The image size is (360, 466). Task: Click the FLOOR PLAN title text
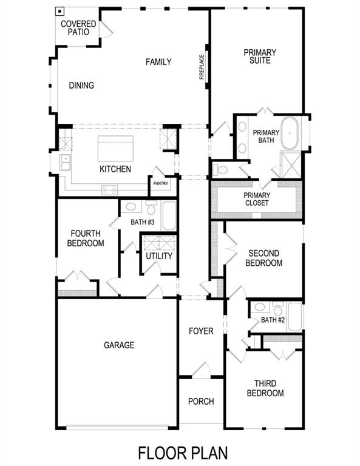click(x=183, y=453)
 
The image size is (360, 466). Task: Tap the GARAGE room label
click(x=119, y=345)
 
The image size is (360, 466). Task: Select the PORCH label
click(x=200, y=401)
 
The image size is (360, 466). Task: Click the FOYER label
click(x=201, y=331)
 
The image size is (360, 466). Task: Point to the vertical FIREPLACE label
click(x=202, y=67)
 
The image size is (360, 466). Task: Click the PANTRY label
click(x=161, y=183)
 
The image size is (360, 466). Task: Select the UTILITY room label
click(x=159, y=256)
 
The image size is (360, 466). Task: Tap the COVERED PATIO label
click(x=78, y=27)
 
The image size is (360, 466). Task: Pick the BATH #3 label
click(x=143, y=223)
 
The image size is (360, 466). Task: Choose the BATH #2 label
click(x=273, y=320)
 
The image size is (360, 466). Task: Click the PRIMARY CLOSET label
click(x=256, y=199)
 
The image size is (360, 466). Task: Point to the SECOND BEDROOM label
click(x=265, y=258)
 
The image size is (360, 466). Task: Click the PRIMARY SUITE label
click(x=260, y=56)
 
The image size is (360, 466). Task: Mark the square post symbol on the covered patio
click(x=60, y=11)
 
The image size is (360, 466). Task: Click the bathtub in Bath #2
click(x=294, y=316)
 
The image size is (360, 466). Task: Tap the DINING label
click(x=81, y=86)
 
